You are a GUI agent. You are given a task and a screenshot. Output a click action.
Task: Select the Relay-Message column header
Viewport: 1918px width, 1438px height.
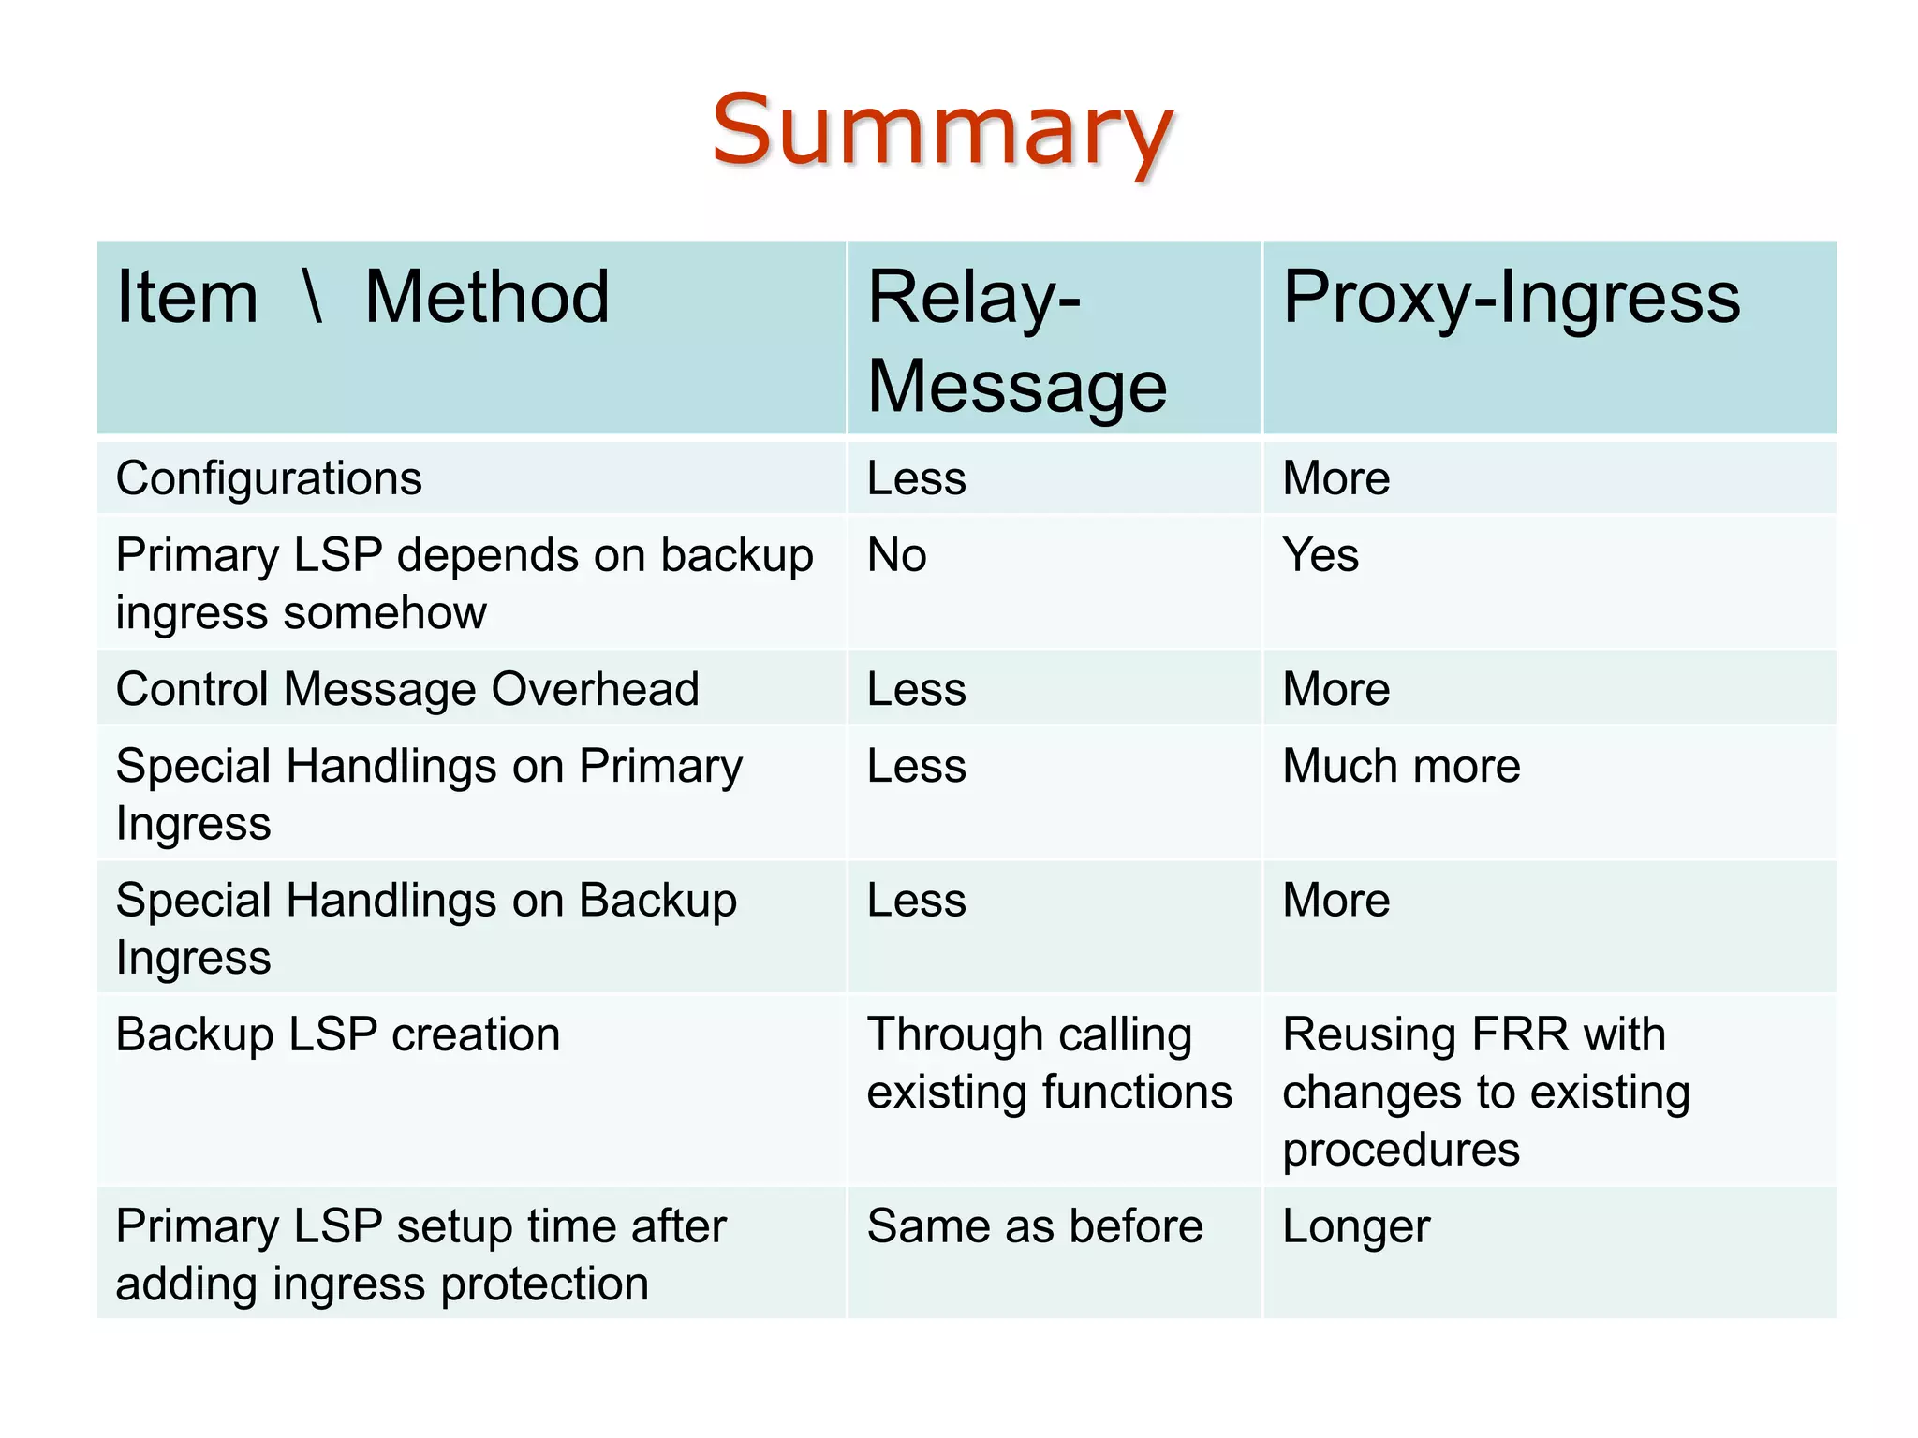pyautogui.click(x=1016, y=341)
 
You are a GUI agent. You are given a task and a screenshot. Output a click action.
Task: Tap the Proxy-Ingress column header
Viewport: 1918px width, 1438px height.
pyautogui.click(x=1511, y=298)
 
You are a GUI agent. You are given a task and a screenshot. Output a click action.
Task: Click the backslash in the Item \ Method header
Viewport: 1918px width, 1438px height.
pyautogui.click(x=313, y=298)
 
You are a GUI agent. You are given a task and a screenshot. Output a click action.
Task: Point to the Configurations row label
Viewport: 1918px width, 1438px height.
pyautogui.click(x=269, y=478)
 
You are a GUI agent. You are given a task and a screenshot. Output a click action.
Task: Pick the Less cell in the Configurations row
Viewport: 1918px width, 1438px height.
pyautogui.click(x=916, y=478)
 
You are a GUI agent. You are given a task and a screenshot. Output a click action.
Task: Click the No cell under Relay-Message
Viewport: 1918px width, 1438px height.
pyautogui.click(x=896, y=555)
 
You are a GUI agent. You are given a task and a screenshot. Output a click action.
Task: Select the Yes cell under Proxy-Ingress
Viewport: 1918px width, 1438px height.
pyautogui.click(x=1320, y=555)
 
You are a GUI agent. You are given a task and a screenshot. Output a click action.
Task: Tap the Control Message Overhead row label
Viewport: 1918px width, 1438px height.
pyautogui.click(x=407, y=689)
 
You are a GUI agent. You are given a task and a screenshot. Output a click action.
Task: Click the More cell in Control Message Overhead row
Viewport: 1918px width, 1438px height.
pyautogui.click(x=1335, y=689)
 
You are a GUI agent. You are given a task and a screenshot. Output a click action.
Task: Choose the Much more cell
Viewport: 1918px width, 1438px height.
pyautogui.click(x=1400, y=766)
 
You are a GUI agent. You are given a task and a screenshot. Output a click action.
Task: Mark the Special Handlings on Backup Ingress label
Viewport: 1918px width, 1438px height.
pyautogui.click(x=426, y=928)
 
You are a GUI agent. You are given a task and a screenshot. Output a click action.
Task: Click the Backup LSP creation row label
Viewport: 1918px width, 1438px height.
pyautogui.click(x=338, y=1034)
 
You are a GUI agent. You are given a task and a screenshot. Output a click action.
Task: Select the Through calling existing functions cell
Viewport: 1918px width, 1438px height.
pyautogui.click(x=1049, y=1064)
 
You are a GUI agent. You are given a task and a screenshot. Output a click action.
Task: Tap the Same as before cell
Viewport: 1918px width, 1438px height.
pyautogui.click(x=1035, y=1226)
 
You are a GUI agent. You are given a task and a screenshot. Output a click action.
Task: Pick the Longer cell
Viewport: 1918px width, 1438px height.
pyautogui.click(x=1355, y=1226)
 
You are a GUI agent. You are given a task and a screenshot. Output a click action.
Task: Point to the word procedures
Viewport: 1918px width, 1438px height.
pyautogui.click(x=1400, y=1150)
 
